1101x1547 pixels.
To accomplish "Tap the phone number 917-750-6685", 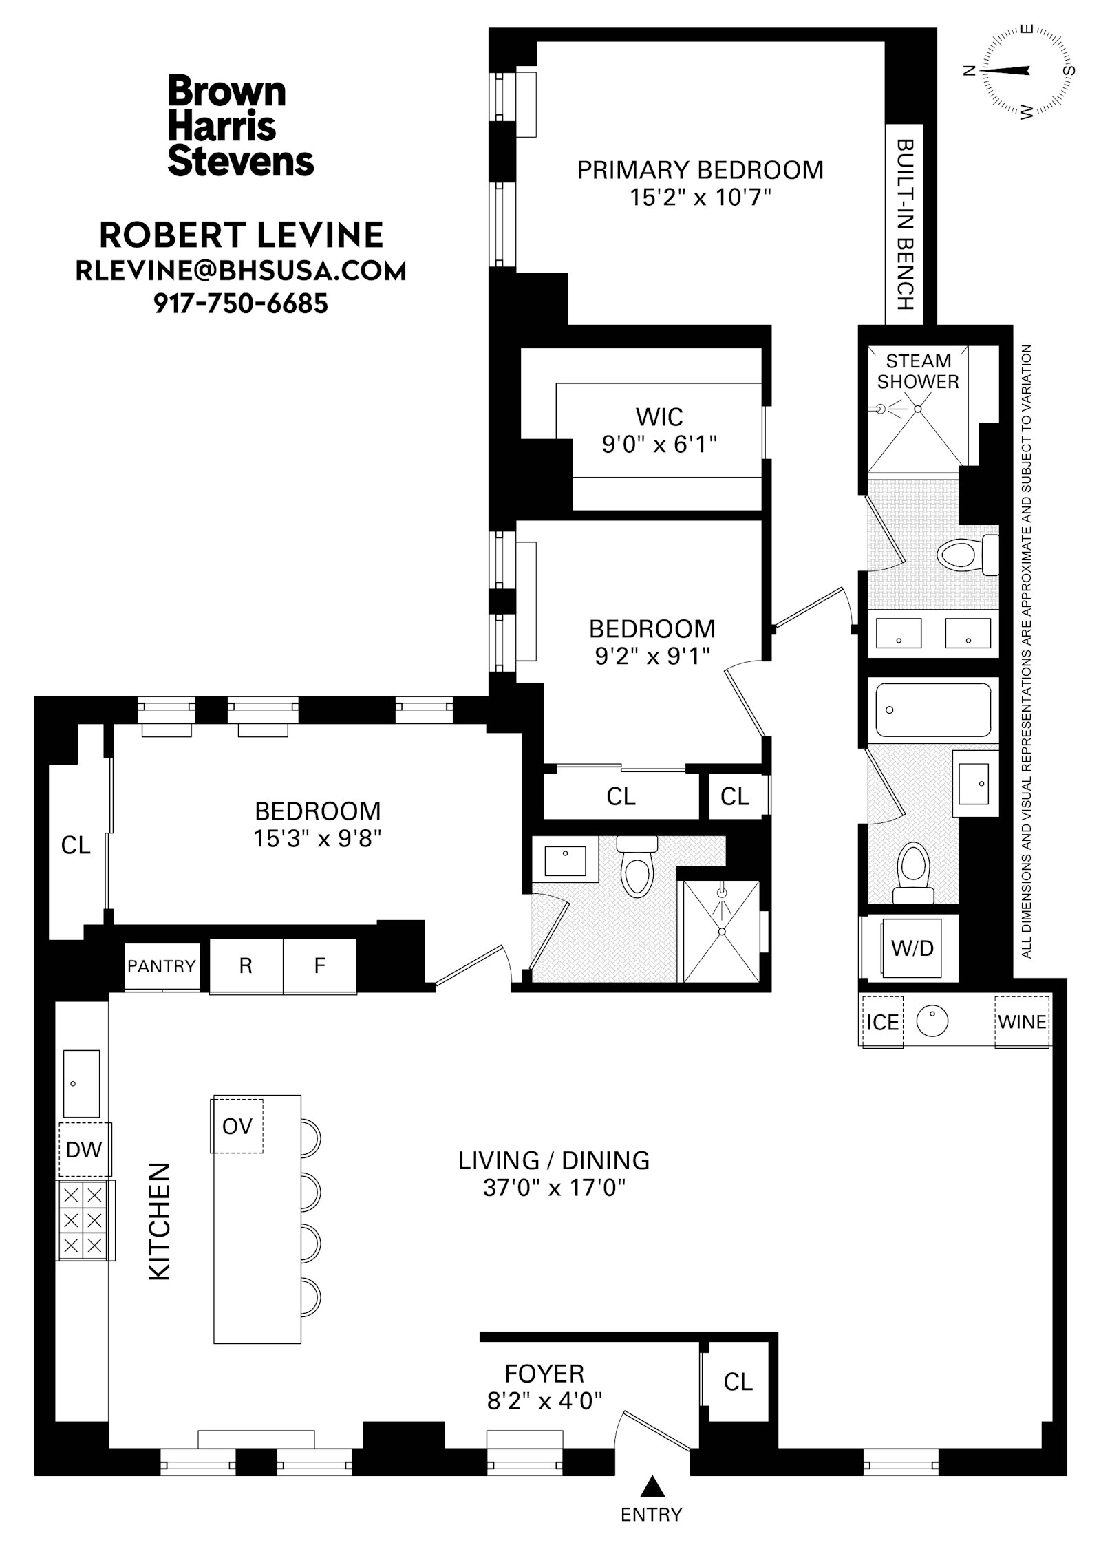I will (x=240, y=303).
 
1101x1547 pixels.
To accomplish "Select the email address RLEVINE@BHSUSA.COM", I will (x=240, y=271).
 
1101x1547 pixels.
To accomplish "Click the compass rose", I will (x=1025, y=70).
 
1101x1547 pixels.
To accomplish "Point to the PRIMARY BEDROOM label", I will (x=700, y=170).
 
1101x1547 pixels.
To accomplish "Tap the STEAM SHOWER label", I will (x=917, y=371).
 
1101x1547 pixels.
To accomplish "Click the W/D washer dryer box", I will (x=912, y=948).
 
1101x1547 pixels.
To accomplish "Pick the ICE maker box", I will (x=883, y=1022).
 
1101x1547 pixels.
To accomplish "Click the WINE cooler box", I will (x=1022, y=1022).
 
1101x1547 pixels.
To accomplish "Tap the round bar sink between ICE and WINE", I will (x=933, y=1021).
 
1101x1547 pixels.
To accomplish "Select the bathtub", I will (x=932, y=710).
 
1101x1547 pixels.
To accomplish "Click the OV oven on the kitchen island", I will (x=237, y=1126).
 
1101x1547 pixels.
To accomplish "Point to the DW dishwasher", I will (x=84, y=1149).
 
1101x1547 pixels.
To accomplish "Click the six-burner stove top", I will (x=83, y=1221).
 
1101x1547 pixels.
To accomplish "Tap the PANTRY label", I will (x=162, y=966).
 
